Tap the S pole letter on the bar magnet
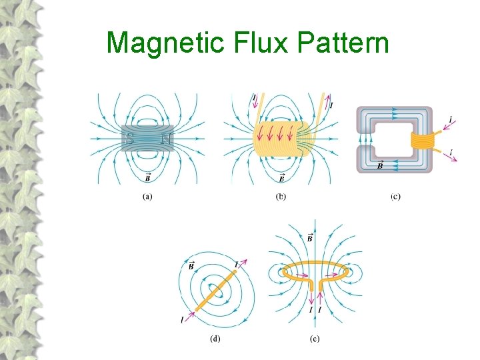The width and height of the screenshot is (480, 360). pos(131,140)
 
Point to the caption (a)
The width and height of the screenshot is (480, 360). pos(148,196)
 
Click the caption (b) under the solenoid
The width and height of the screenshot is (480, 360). pos(281,196)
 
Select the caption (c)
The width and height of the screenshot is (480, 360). pos(395,196)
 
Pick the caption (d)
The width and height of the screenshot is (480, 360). pos(215,338)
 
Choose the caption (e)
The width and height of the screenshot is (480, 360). pos(315,338)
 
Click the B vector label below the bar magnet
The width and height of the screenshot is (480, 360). pos(147,177)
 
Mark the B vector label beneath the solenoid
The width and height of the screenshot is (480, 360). pos(282,177)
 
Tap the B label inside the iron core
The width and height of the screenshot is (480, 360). pos(381,165)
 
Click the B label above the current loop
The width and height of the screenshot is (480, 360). pos(311,238)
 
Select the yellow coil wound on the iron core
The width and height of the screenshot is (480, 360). pos(421,140)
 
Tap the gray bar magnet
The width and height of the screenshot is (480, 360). pos(148,140)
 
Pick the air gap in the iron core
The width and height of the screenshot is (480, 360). pos(364,139)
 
